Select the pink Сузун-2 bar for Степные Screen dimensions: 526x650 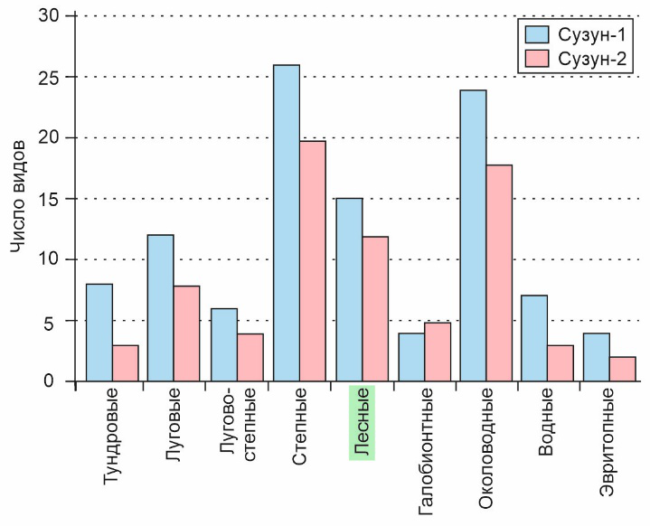point(313,261)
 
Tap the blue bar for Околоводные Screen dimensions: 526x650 point(473,236)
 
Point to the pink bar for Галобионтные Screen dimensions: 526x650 point(437,352)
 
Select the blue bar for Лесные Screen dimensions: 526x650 point(349,289)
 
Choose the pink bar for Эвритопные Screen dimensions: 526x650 point(623,369)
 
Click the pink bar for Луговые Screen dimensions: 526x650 point(188,333)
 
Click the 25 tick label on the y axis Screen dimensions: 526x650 point(52,77)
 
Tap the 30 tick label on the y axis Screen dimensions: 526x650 point(52,16)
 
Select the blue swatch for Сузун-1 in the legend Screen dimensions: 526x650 point(538,35)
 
